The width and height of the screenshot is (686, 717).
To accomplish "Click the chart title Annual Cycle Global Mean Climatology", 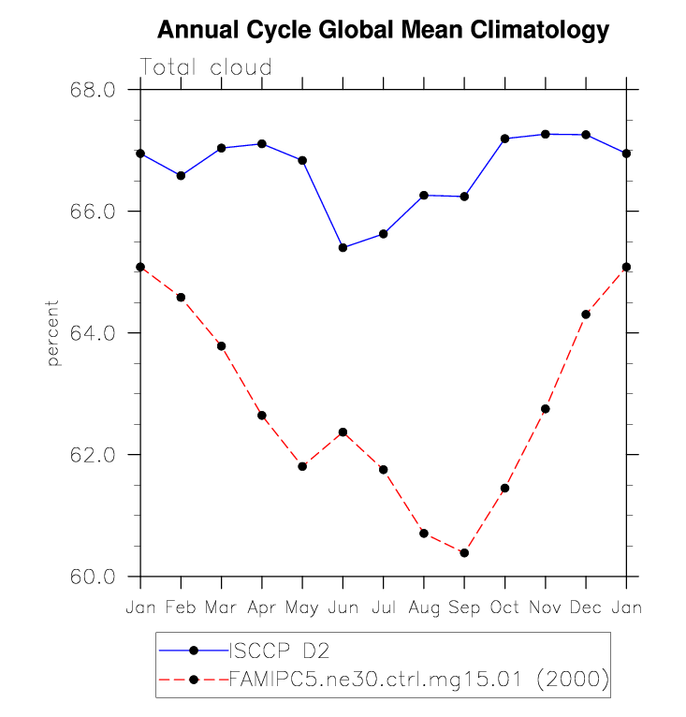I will pyautogui.click(x=383, y=31).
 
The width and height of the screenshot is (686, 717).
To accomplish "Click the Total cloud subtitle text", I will pyautogui.click(x=206, y=67).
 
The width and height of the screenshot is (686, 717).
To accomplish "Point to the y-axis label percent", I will pyautogui.click(x=53, y=333).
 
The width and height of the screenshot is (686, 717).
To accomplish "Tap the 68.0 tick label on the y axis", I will pyautogui.click(x=93, y=90).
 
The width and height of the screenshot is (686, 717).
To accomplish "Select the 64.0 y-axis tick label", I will pyautogui.click(x=93, y=333).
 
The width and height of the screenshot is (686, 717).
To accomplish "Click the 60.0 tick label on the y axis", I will pyautogui.click(x=93, y=577).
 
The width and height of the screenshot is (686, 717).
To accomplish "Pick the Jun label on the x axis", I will pyautogui.click(x=343, y=607).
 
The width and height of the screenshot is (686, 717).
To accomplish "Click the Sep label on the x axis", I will pyautogui.click(x=464, y=607).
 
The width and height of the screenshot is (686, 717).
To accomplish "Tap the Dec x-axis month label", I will pyautogui.click(x=586, y=607).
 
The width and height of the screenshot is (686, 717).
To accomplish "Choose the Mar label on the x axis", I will pyautogui.click(x=221, y=607).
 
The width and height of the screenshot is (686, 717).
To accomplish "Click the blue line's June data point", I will pyautogui.click(x=343, y=247).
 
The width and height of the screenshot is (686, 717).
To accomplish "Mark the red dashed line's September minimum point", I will pyautogui.click(x=464, y=552).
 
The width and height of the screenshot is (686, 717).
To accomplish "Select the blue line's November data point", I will pyautogui.click(x=546, y=134).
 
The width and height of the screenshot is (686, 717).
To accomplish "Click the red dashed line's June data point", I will pyautogui.click(x=343, y=432).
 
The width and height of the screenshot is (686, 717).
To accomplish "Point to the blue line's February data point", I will pyautogui.click(x=181, y=175).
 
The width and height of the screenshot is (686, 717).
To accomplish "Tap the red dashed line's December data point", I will pyautogui.click(x=586, y=315).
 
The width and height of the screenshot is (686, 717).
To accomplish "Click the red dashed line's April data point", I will pyautogui.click(x=262, y=416).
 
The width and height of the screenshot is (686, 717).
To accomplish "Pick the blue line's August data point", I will pyautogui.click(x=424, y=195).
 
